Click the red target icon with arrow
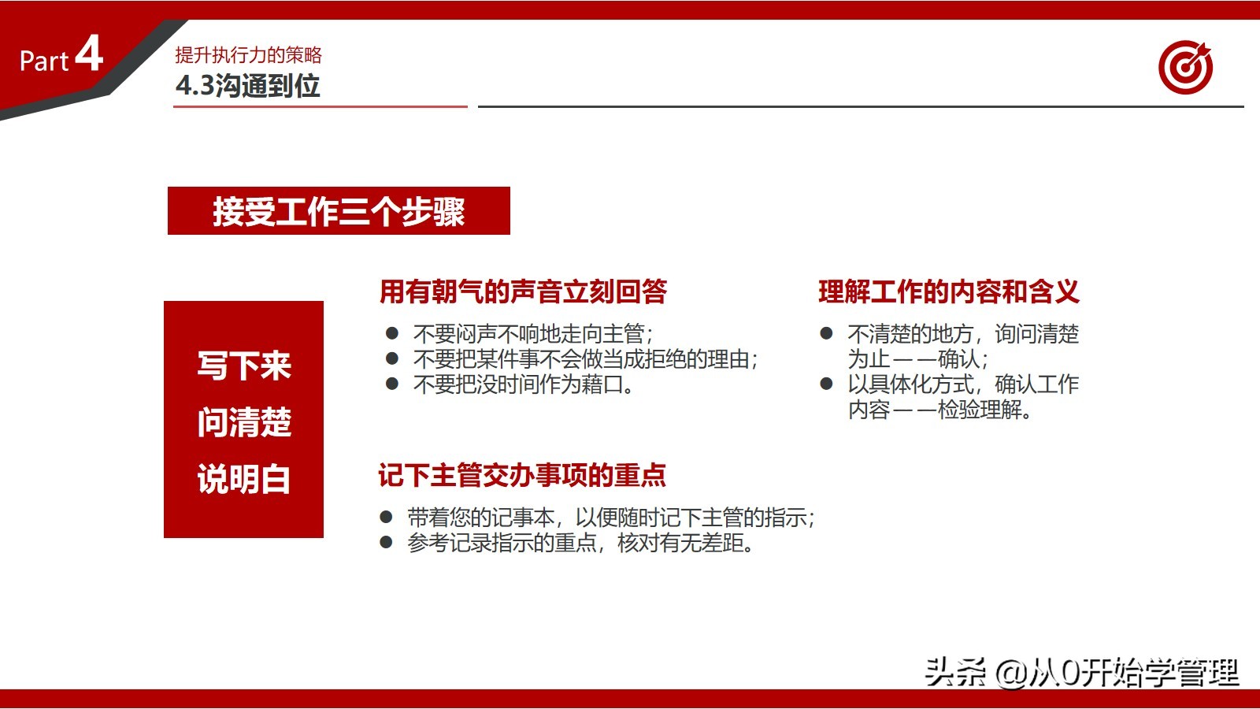tap(1185, 67)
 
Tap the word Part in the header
tap(44, 61)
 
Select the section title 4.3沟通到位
tap(247, 85)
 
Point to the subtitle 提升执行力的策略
tap(248, 54)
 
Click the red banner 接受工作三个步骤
tap(339, 211)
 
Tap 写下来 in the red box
tap(244, 366)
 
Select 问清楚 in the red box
tap(244, 422)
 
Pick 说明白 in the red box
tap(244, 479)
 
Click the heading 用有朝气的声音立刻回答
tap(523, 291)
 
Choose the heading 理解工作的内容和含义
tap(948, 291)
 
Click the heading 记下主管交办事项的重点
tap(522, 475)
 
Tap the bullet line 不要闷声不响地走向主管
tap(532, 334)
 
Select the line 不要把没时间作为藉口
tap(523, 384)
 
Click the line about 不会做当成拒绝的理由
tap(584, 359)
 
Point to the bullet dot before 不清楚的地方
tap(826, 333)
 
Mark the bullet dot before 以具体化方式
tap(826, 384)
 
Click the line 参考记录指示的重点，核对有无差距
tap(581, 543)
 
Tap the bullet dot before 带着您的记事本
tap(386, 518)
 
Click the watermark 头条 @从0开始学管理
tap(1081, 672)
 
